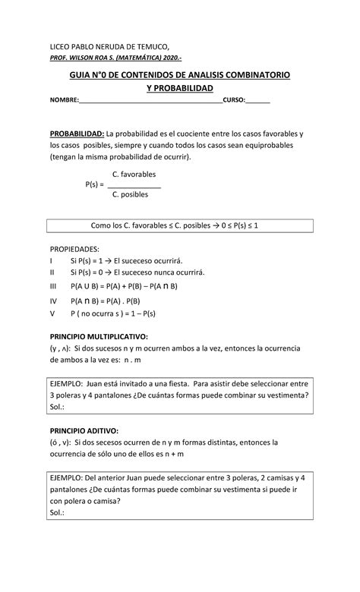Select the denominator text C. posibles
pos(130,194)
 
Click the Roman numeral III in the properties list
pos(53,286)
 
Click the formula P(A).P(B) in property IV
pos(134,300)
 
